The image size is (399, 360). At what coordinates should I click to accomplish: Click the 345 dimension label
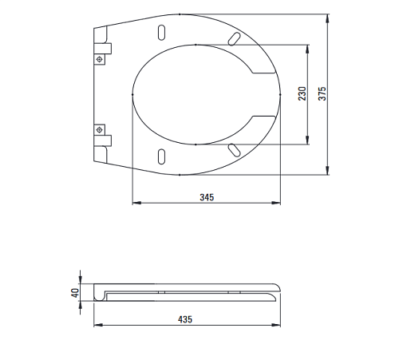pos(207,197)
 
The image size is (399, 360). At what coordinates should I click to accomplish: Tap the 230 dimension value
pos(302,93)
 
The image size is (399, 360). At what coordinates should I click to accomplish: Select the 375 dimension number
pos(322,93)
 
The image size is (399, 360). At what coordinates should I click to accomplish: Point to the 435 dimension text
pos(185,319)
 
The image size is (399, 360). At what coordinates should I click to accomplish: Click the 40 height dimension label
pos(76,293)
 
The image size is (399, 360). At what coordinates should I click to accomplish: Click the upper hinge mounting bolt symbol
pos(100,59)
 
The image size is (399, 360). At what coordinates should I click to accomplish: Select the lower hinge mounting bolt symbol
pos(100,130)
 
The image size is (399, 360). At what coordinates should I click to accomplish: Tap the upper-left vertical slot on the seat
pos(161,33)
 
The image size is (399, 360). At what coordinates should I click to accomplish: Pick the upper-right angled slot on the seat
pos(234,38)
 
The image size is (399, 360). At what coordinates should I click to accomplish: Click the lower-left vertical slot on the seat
pos(161,156)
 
